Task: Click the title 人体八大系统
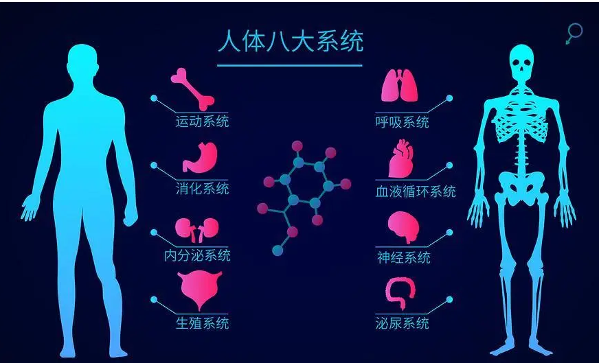[x=290, y=41]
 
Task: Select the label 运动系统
[x=202, y=122]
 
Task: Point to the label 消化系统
[x=202, y=189]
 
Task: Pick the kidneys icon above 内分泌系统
[x=196, y=229]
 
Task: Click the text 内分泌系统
[x=196, y=256]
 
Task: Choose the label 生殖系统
[x=202, y=323]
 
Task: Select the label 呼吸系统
[x=403, y=122]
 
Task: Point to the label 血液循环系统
[x=416, y=191]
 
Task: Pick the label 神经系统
[x=404, y=257]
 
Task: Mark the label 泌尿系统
[x=403, y=323]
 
